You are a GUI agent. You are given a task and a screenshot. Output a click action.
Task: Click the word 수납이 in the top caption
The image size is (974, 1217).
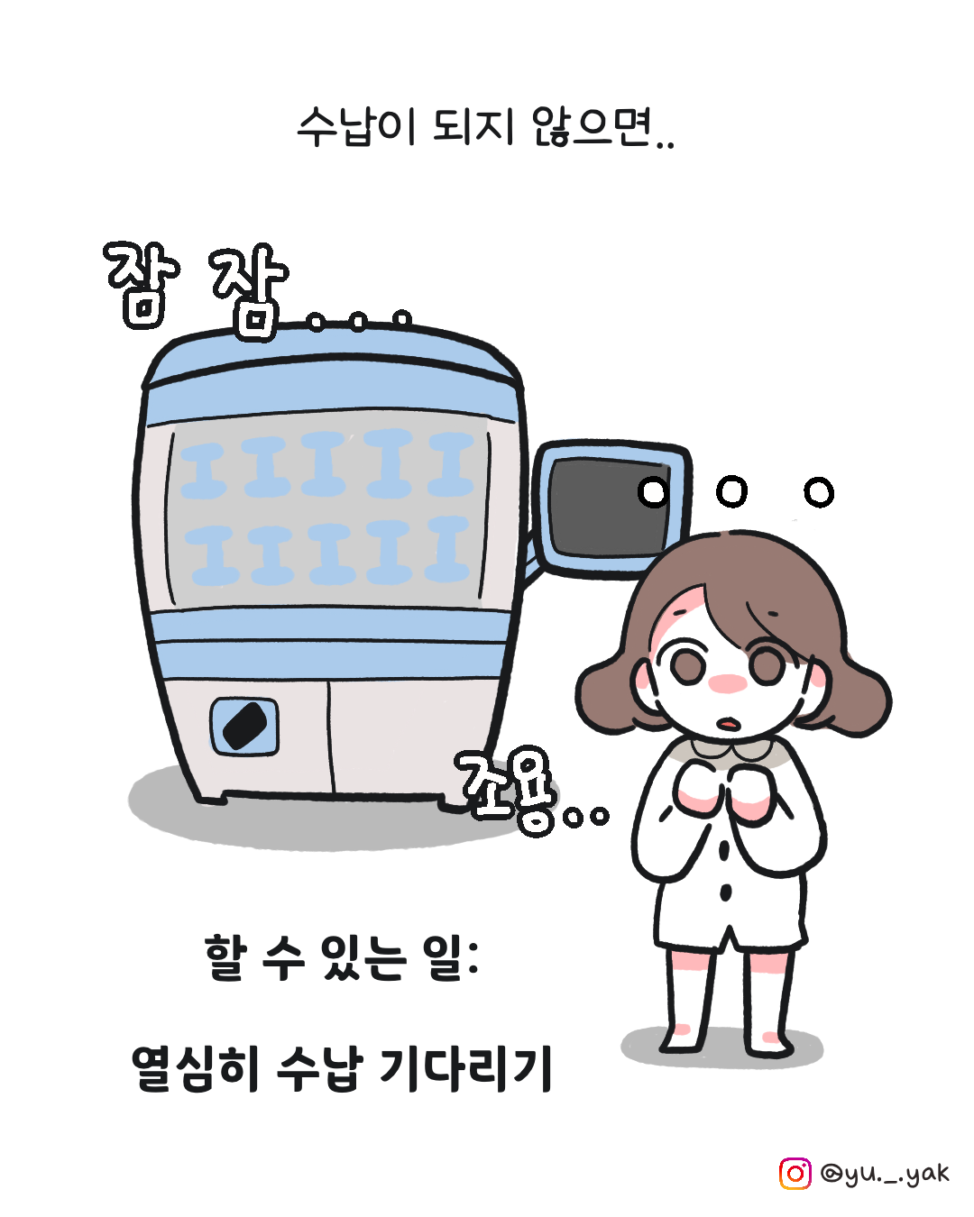click(357, 127)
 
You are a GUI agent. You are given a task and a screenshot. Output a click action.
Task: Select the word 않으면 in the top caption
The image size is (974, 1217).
click(593, 127)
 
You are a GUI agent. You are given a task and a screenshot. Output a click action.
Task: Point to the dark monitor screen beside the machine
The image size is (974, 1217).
click(610, 507)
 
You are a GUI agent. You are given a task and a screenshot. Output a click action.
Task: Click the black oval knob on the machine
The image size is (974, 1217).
click(244, 726)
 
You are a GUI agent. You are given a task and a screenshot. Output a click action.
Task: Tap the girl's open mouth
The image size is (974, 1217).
click(728, 723)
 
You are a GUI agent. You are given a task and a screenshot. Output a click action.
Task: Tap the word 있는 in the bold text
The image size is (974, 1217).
click(363, 957)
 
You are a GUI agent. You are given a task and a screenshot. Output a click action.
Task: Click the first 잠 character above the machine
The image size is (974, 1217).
click(142, 285)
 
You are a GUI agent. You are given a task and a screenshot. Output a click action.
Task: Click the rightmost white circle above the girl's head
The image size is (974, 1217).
click(819, 491)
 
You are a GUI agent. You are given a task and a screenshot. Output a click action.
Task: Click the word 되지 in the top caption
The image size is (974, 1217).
click(474, 127)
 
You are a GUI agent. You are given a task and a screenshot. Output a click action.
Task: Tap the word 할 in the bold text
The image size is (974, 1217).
click(226, 957)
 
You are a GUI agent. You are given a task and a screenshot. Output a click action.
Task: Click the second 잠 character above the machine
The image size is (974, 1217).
click(249, 291)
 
